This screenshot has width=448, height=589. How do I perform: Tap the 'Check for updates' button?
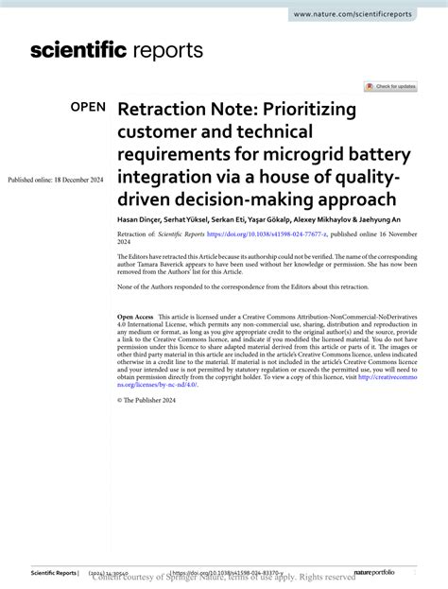tap(391, 86)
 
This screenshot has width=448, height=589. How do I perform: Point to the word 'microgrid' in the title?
tap(302, 153)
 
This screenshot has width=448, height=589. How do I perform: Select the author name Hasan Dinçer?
tap(139, 218)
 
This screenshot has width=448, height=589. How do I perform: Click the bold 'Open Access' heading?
tap(135, 316)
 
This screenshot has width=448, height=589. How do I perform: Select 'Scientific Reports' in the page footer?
tap(54, 573)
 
